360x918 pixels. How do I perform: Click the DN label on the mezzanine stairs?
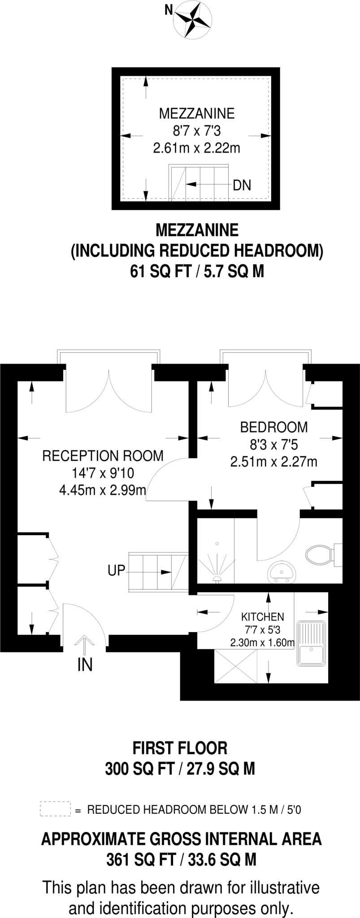click(242, 185)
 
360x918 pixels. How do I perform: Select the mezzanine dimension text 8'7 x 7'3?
click(197, 131)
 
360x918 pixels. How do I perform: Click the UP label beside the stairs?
click(116, 571)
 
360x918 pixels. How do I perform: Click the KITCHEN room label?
click(263, 617)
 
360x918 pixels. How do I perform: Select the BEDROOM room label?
click(274, 427)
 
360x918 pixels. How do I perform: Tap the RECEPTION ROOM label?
click(103, 456)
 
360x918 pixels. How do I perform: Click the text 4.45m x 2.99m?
click(103, 490)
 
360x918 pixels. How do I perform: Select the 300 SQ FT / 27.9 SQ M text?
click(180, 769)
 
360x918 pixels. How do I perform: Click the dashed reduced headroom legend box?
click(55, 809)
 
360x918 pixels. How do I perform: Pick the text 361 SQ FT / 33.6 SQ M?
click(181, 860)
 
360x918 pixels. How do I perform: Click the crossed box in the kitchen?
click(235, 667)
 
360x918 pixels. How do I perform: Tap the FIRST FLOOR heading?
click(180, 748)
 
